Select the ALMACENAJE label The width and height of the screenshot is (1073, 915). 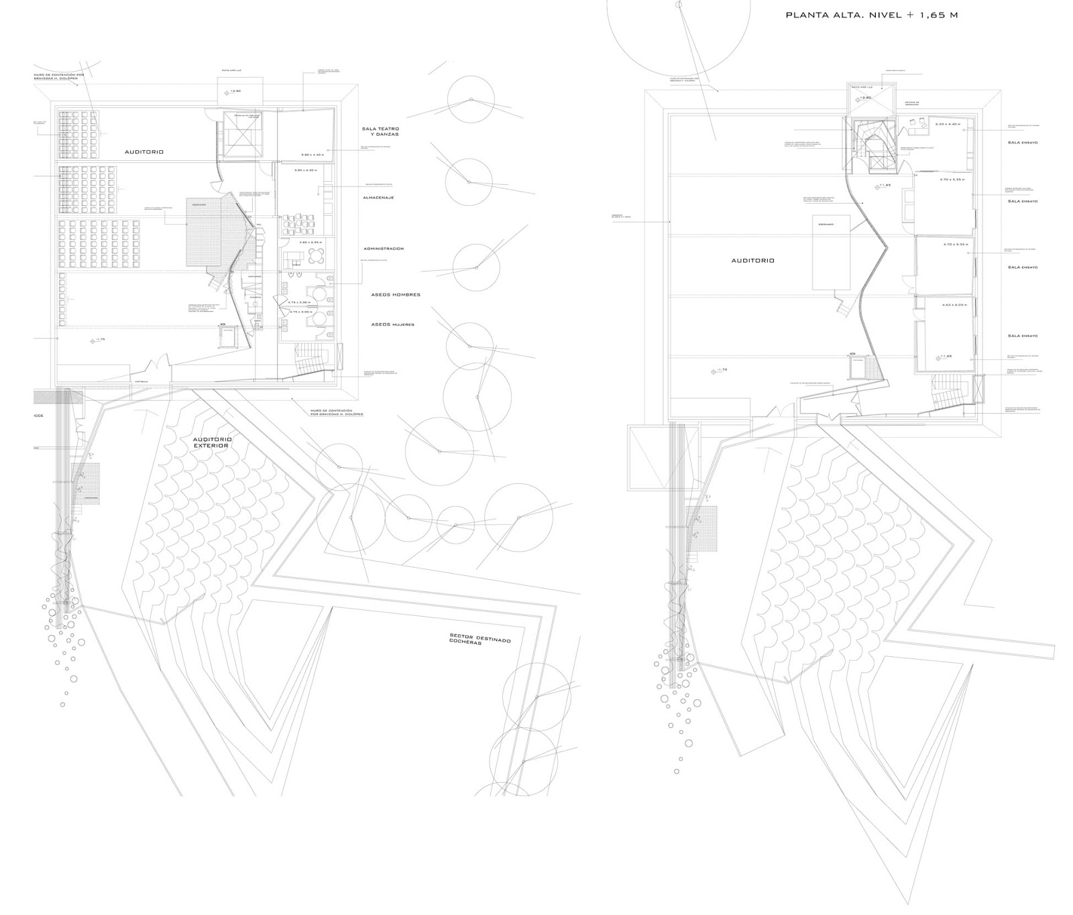pos(378,198)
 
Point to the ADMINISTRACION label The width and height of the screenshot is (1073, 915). pos(384,249)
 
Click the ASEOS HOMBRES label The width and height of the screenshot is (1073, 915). pos(396,295)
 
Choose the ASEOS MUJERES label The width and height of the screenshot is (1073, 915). pos(393,324)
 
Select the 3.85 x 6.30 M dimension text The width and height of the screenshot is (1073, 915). pos(306,170)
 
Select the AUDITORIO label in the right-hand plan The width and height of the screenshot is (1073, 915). pos(752,261)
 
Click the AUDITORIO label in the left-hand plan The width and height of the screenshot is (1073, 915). pos(144,152)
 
